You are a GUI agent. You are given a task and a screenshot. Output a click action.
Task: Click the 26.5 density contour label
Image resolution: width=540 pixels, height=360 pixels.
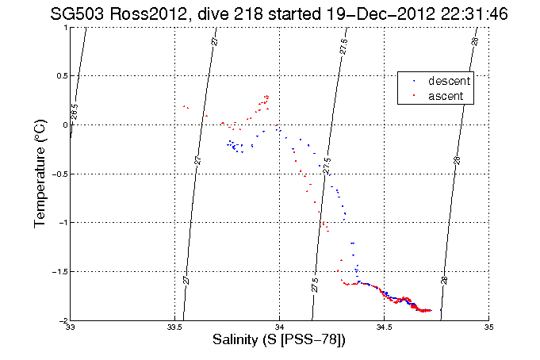click(75, 112)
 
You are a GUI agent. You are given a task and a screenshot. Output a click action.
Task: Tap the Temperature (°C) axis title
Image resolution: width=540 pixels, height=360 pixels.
click(40, 174)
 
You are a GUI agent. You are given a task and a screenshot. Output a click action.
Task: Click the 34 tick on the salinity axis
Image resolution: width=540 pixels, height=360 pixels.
click(280, 327)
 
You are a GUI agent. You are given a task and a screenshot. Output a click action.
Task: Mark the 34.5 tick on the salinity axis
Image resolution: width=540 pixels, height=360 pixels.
click(385, 327)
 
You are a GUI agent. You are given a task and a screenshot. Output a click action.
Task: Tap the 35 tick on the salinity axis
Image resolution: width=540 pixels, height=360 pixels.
click(488, 327)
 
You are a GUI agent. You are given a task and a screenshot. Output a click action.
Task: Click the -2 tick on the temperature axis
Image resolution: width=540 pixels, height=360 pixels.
click(62, 320)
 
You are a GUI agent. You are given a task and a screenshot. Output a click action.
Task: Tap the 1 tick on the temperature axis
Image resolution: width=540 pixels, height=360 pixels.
click(65, 27)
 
